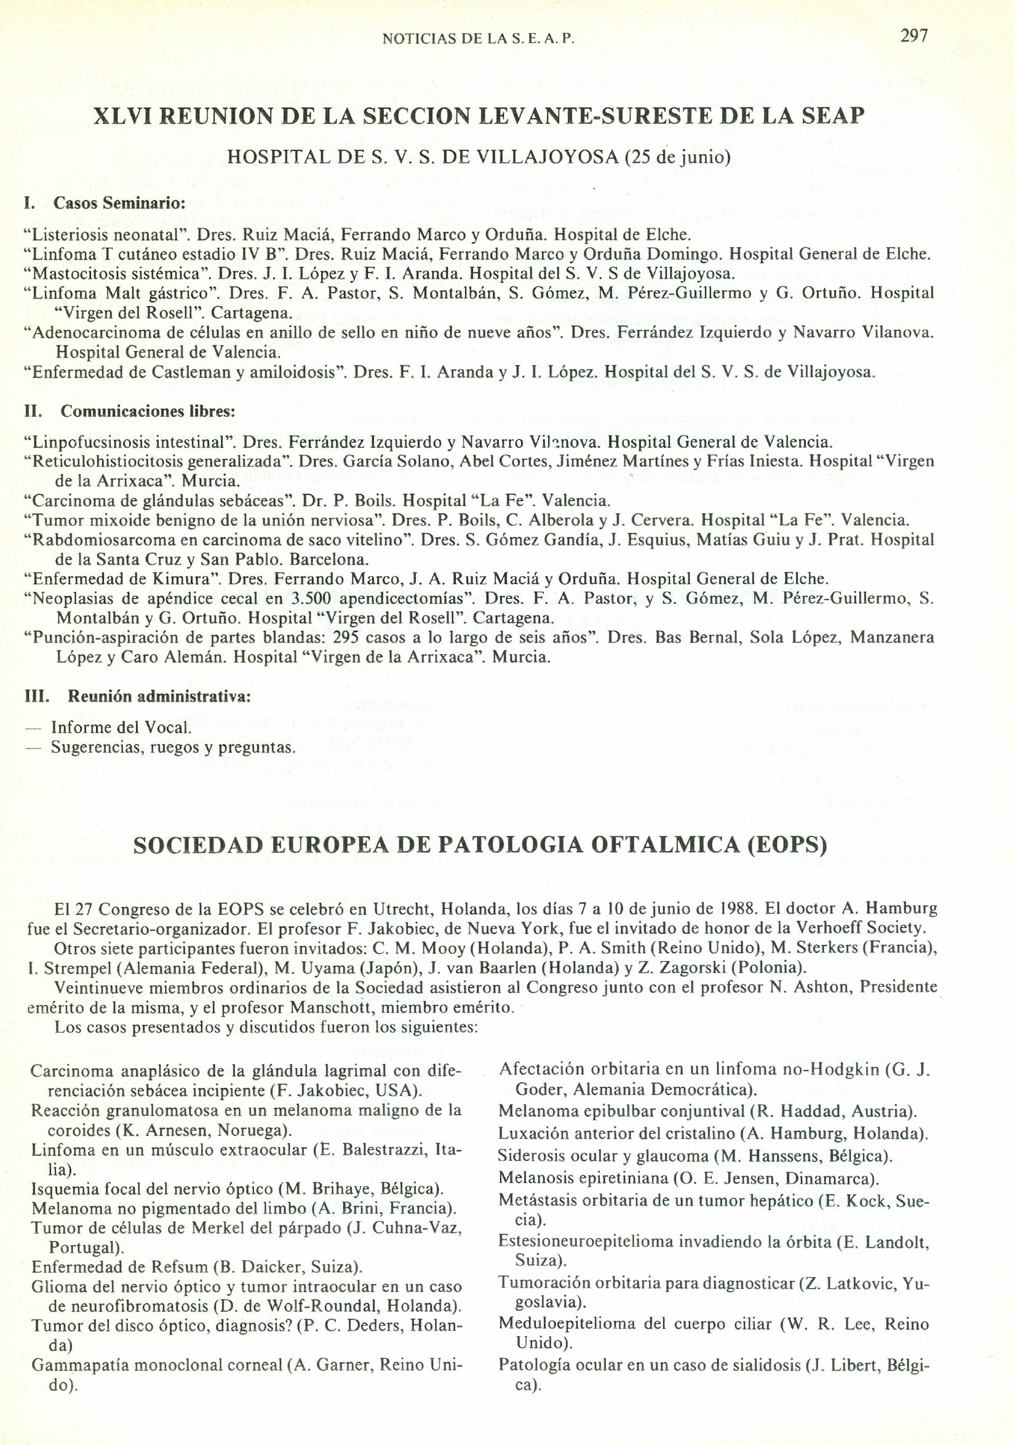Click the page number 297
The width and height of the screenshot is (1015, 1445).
coord(913,36)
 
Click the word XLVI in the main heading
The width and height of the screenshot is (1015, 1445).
coord(122,116)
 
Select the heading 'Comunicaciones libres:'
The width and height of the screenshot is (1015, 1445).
coord(148,411)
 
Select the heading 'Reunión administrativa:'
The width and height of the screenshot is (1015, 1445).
coord(159,697)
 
